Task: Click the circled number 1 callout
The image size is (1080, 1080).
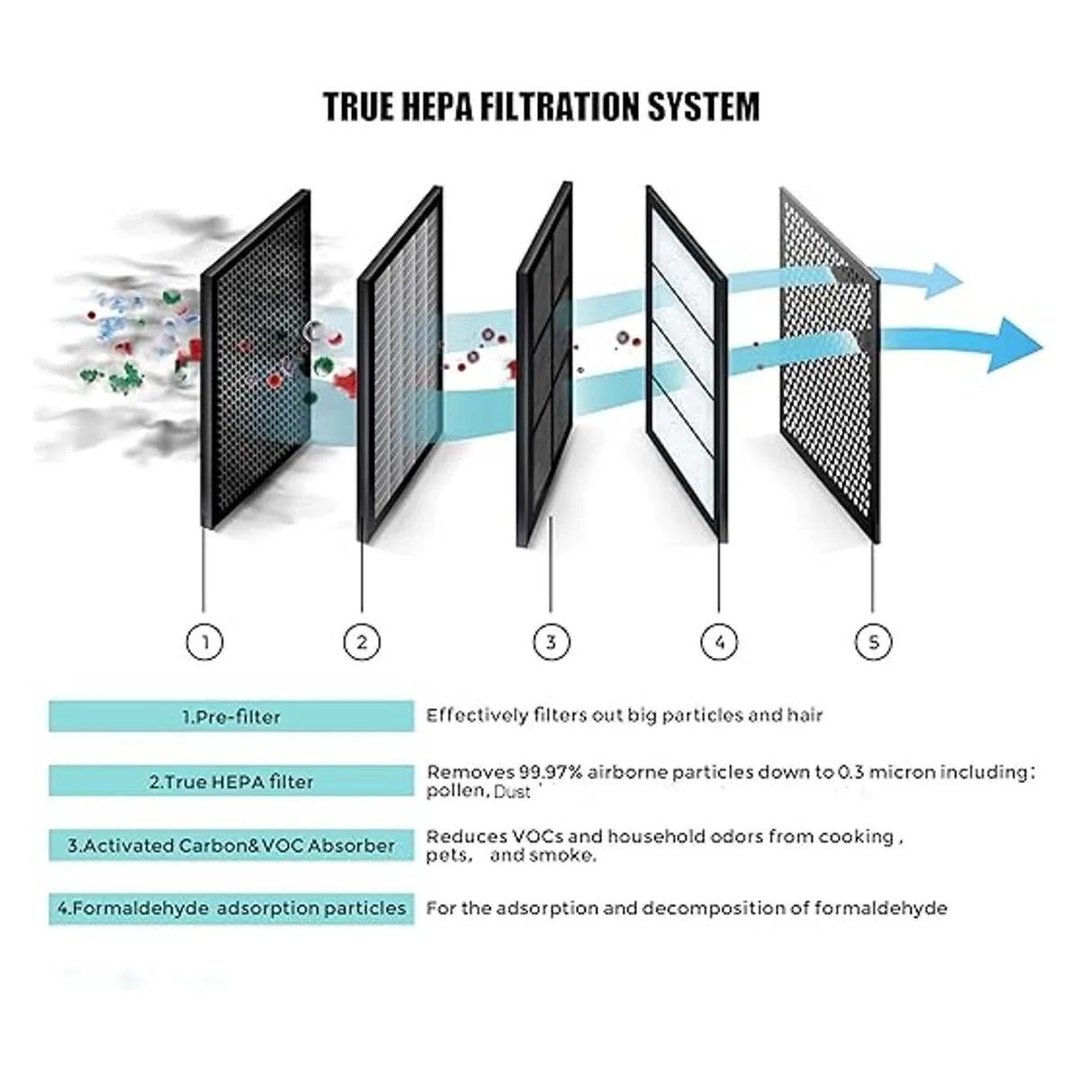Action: [205, 642]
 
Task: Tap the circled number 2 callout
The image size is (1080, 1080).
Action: [362, 642]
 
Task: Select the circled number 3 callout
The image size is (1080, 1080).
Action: [551, 642]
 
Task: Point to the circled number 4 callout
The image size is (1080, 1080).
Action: [718, 642]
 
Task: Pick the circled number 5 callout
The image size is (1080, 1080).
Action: [873, 642]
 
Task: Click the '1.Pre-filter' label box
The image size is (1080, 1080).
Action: [231, 717]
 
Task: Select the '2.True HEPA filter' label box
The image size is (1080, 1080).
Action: [231, 781]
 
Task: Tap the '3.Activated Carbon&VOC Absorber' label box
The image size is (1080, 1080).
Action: [231, 846]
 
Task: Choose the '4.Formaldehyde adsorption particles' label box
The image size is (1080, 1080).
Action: [231, 908]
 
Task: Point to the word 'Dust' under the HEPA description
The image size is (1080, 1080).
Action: [513, 793]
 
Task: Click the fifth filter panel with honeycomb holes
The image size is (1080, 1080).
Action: [828, 369]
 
